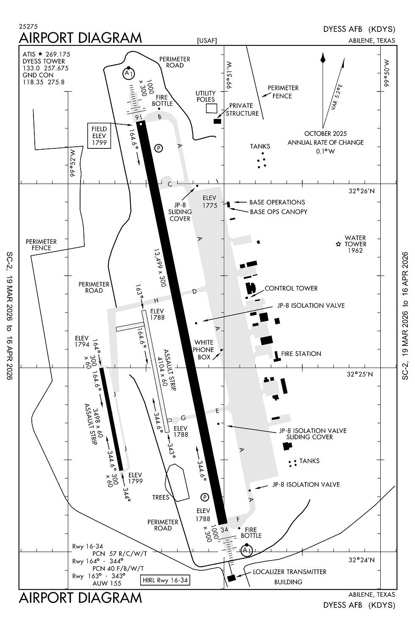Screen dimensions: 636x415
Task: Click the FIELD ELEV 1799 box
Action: point(99,136)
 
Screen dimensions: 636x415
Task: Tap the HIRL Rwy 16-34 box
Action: point(165,580)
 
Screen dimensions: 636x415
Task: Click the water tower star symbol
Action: point(338,244)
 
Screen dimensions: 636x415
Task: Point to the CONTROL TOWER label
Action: point(291,288)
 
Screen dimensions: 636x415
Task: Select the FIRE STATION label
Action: point(301,354)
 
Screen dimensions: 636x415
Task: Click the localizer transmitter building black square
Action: point(231,578)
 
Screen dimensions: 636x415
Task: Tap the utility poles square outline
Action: point(211,108)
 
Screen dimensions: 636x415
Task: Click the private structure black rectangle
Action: point(217,121)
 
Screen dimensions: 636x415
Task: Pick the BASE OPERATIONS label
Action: point(277,202)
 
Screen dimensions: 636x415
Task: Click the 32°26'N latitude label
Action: point(362,191)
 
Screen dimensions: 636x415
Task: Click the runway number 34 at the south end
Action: point(224,529)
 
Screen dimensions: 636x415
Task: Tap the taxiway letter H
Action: point(156,301)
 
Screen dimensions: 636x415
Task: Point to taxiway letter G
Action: point(184,418)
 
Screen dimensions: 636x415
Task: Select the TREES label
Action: point(161,497)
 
